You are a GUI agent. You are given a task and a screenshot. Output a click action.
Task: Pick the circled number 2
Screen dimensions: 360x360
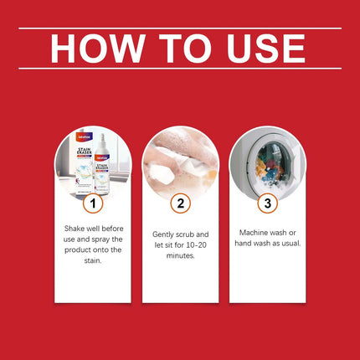(x=180, y=203)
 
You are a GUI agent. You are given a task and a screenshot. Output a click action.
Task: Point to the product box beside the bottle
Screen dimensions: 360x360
(x=79, y=167)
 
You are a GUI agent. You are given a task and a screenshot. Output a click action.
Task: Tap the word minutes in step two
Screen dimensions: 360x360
(x=180, y=255)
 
